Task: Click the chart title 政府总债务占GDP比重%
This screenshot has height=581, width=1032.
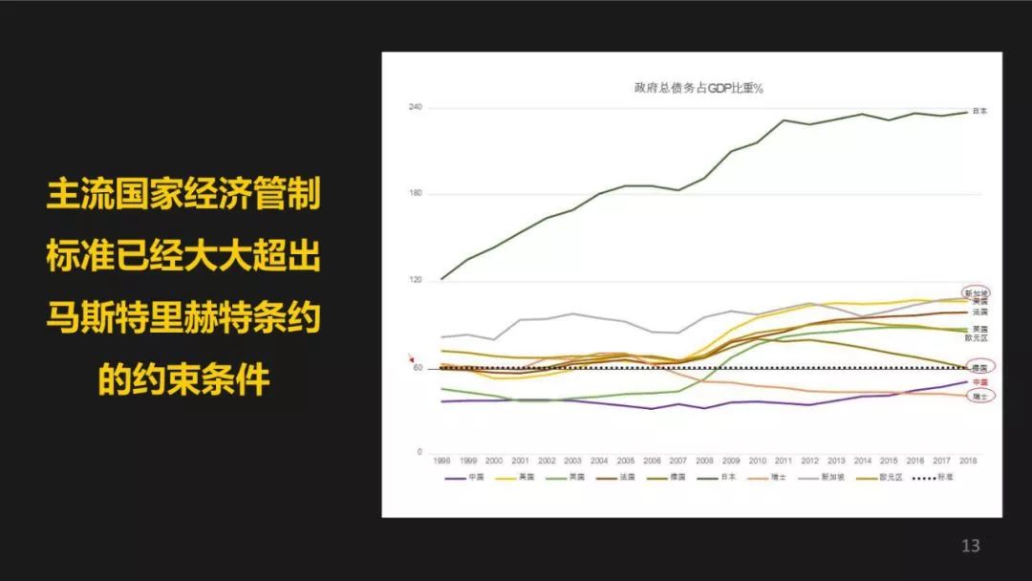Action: [691, 88]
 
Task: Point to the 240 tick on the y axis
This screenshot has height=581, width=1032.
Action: [416, 107]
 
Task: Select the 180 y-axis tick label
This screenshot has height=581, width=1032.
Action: [416, 194]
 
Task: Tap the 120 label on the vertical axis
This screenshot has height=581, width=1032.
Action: [416, 281]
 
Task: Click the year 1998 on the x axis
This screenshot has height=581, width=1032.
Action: [441, 461]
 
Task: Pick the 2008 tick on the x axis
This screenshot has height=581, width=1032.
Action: [705, 461]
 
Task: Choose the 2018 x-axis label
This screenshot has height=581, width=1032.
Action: [968, 461]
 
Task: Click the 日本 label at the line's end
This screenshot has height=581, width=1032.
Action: [979, 112]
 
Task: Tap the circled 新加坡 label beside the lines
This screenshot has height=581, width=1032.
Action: [977, 292]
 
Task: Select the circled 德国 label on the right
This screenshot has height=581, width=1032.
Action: [979, 367]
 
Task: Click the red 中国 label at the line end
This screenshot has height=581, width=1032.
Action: [979, 381]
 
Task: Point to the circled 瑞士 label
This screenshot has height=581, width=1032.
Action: [979, 396]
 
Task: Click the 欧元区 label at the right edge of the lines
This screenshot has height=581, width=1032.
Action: [977, 338]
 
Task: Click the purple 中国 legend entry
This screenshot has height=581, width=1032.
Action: [468, 478]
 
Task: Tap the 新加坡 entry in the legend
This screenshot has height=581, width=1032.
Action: [821, 478]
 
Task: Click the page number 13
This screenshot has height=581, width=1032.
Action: [971, 547]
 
